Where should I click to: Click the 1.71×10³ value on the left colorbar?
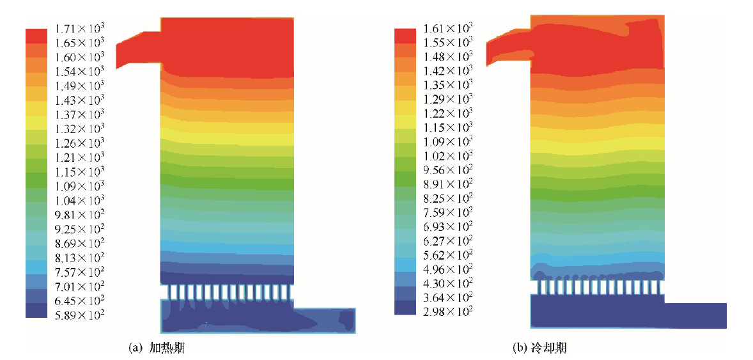click(79, 28)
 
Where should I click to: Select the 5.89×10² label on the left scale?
click(79, 315)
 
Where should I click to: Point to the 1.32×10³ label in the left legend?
click(79, 129)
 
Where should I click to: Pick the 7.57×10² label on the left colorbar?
click(79, 272)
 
